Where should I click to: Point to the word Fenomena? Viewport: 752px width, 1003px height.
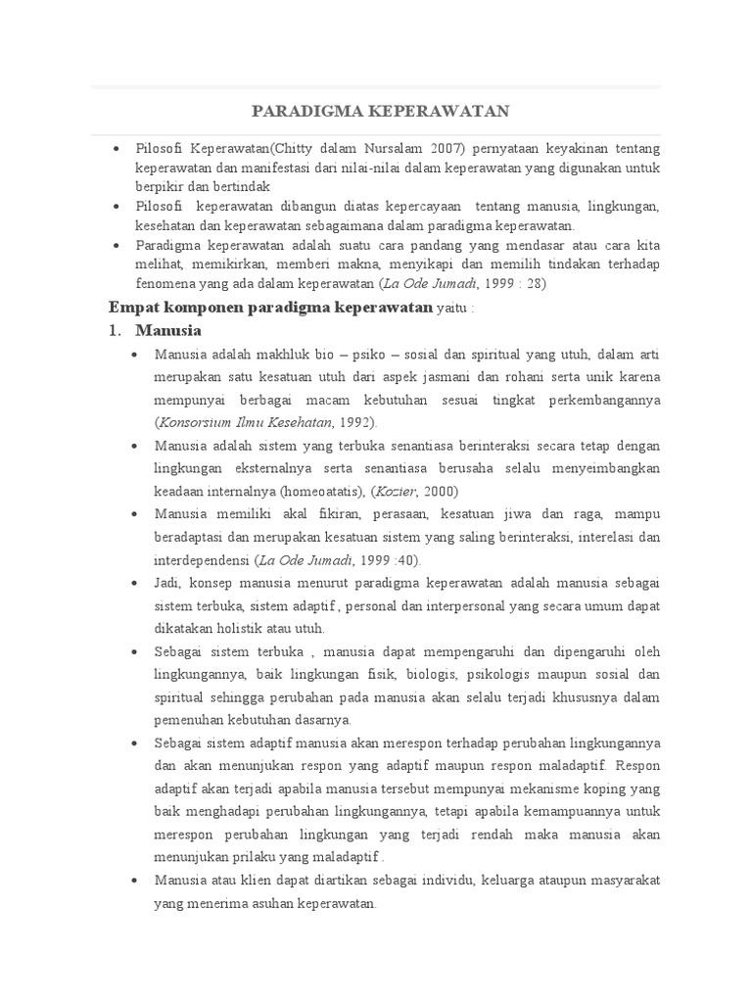[164, 283]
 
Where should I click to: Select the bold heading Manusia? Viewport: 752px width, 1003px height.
[168, 330]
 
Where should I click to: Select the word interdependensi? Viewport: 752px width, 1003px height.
[203, 560]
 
